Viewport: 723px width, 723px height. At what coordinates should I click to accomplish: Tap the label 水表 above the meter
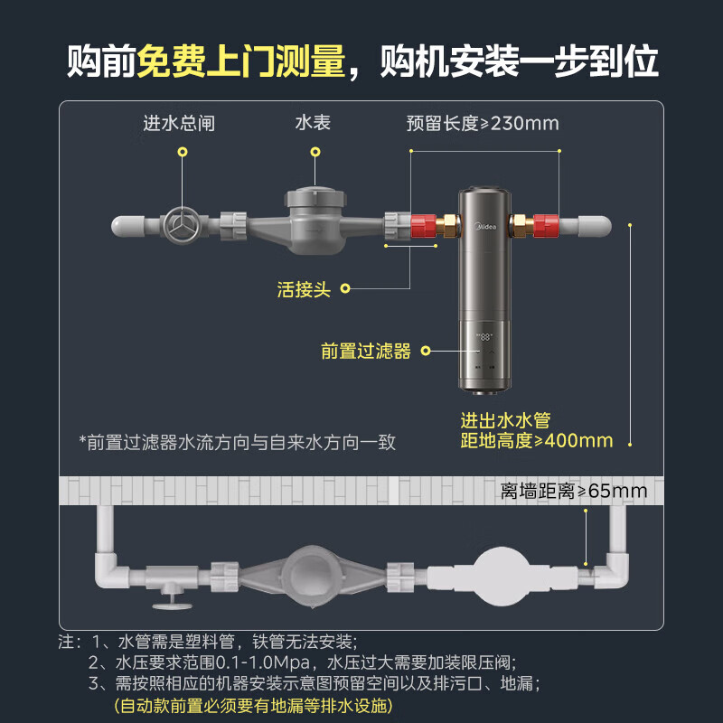pos(313,122)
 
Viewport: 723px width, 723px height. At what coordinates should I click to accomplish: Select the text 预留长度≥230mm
pos(483,123)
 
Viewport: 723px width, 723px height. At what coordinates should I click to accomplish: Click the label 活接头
pos(305,289)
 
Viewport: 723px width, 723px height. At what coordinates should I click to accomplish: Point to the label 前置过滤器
pos(366,351)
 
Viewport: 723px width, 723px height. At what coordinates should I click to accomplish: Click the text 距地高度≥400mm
pos(537,441)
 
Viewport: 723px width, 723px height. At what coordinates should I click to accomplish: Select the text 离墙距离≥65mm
pos(575,491)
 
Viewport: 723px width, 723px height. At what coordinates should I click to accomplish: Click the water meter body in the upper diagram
pos(313,221)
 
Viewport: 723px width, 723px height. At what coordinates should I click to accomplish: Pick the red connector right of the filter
pos(544,224)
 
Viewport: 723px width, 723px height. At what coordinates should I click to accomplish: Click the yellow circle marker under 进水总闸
pos(183,154)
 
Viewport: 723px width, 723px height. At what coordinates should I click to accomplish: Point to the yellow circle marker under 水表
pos(314,154)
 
